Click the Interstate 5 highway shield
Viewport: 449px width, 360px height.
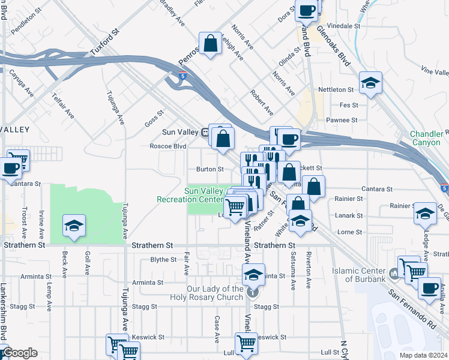point(182,76)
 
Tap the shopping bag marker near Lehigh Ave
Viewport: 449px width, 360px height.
point(211,43)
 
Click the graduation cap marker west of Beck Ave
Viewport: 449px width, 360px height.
point(74,226)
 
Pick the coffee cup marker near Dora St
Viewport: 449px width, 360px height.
point(307,10)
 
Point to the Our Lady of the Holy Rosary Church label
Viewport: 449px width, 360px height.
point(215,293)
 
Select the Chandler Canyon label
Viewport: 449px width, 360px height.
point(429,139)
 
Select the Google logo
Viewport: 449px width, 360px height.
point(20,353)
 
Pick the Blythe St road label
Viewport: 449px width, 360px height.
point(163,260)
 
